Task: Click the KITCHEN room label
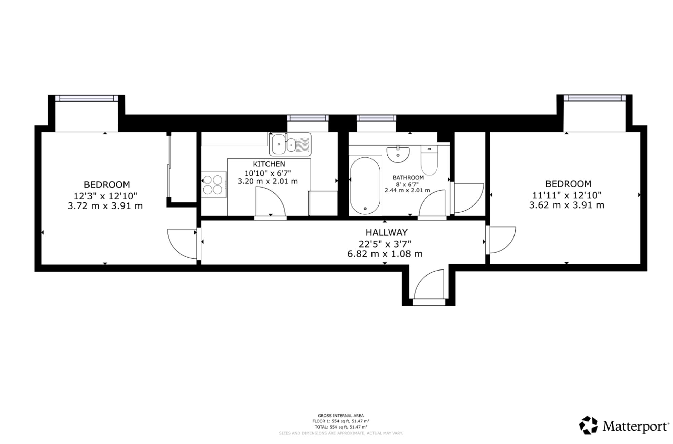tap(269, 164)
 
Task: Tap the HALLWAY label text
tap(387, 232)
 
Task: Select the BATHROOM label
tap(408, 178)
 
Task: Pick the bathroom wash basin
tap(398, 154)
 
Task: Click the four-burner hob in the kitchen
tap(213, 185)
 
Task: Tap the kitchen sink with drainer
tap(290, 144)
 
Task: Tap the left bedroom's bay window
tap(86, 98)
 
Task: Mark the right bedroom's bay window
tap(594, 98)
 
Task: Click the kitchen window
tap(308, 118)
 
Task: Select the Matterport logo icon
tap(588, 425)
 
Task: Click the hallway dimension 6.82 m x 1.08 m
tap(385, 254)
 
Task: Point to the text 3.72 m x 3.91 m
tap(105, 206)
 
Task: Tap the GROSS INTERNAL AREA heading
tap(341, 416)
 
